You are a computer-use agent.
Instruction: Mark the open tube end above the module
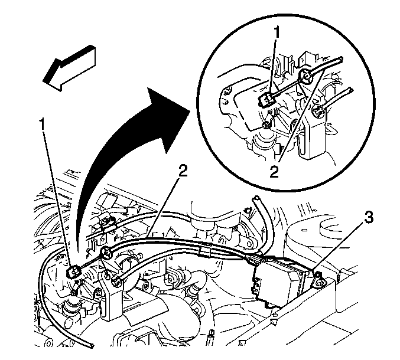(x=255, y=199)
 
